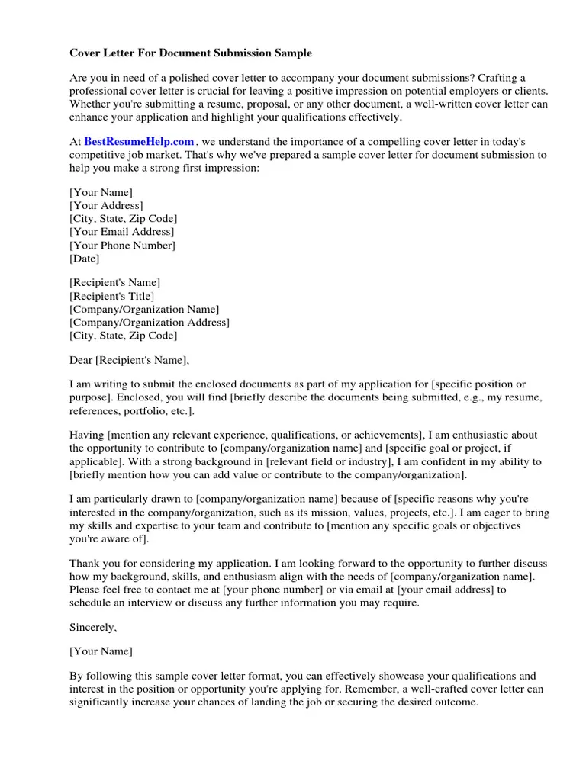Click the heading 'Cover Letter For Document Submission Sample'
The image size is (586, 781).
(191, 53)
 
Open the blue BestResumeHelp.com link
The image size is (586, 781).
(139, 142)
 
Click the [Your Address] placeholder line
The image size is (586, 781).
(106, 205)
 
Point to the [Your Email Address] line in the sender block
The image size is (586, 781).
(122, 232)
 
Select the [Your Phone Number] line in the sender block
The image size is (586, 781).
(122, 245)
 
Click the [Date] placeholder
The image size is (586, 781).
(85, 259)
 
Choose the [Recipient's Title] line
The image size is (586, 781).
(111, 296)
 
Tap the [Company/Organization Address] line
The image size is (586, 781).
(150, 322)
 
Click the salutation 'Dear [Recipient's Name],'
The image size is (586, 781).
(129, 359)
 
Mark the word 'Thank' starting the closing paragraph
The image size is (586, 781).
(85, 563)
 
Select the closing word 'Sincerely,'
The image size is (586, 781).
(93, 627)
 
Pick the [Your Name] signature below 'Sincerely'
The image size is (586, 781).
(101, 651)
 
